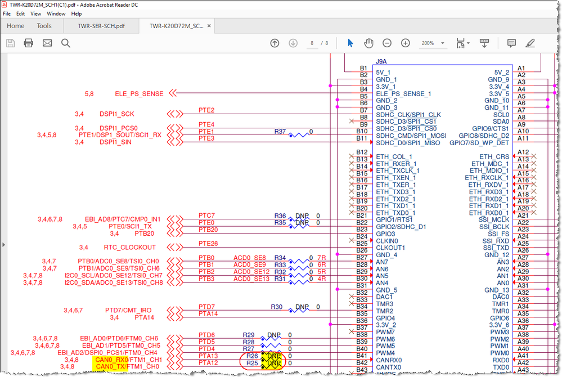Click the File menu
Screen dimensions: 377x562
point(7,14)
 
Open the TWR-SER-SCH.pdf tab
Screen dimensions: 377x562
point(101,26)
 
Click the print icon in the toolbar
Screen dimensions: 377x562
point(29,43)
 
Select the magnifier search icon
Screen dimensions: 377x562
point(65,43)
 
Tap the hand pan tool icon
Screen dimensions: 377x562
point(368,43)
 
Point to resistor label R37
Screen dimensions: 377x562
point(280,131)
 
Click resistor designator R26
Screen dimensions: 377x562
point(252,356)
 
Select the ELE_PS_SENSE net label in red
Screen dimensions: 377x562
point(139,94)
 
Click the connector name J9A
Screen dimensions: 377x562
point(381,61)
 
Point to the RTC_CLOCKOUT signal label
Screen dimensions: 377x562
point(130,247)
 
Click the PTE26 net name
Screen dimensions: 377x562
point(208,244)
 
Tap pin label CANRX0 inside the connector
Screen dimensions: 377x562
point(389,360)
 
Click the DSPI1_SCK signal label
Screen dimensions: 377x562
point(116,114)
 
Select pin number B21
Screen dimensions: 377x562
point(362,216)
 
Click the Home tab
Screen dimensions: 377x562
point(15,26)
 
